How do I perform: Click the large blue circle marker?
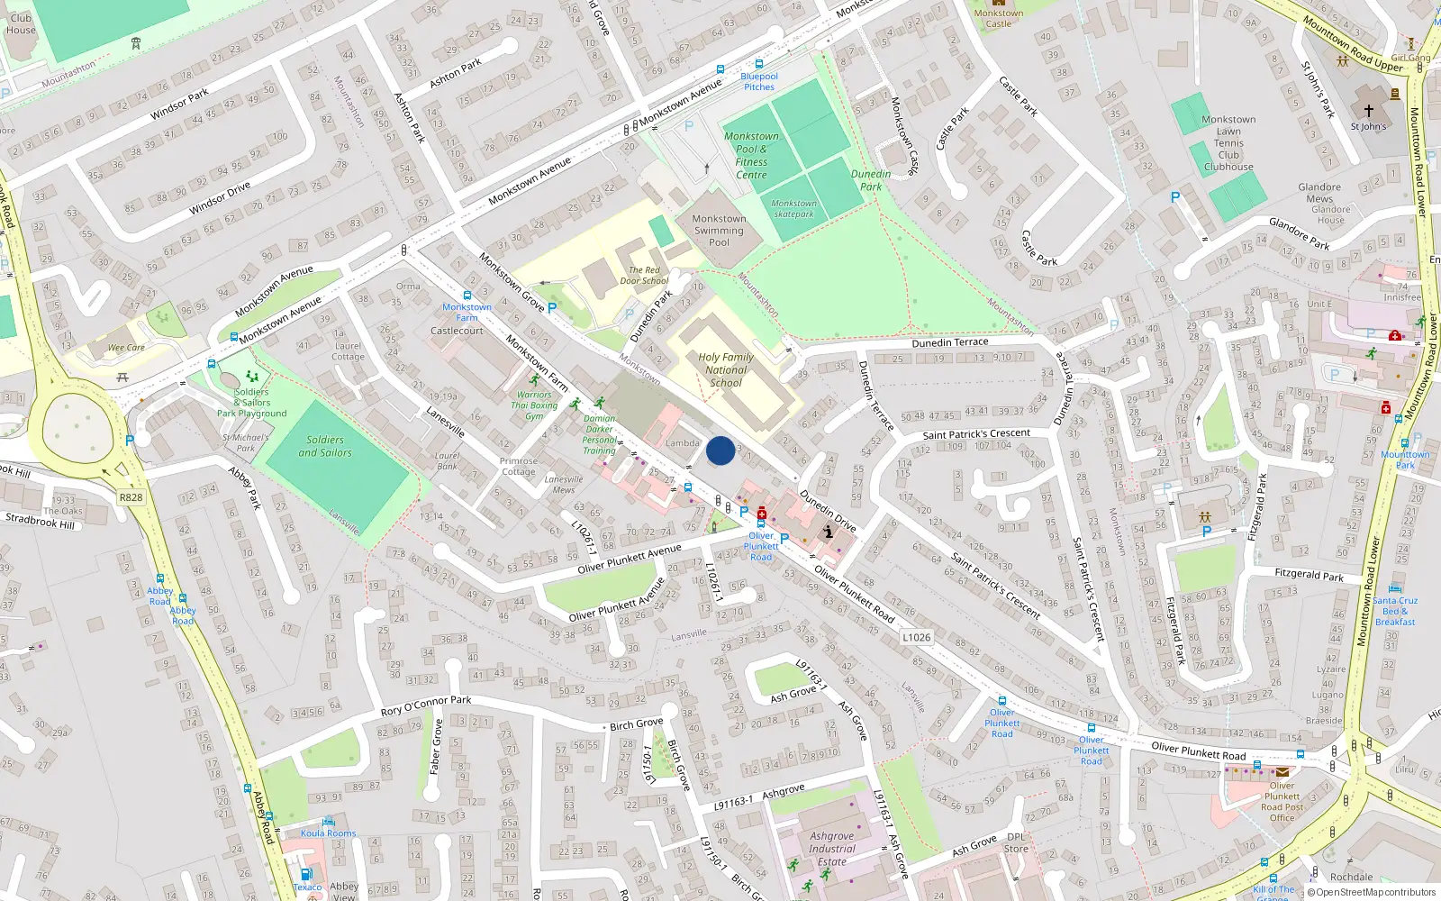click(x=720, y=450)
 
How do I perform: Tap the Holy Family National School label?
click(x=726, y=369)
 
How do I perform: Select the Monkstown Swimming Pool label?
click(x=719, y=231)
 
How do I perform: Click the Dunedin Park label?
click(x=871, y=180)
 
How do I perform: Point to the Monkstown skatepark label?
click(x=793, y=209)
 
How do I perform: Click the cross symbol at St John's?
click(x=1368, y=111)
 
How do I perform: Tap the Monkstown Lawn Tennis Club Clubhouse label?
click(x=1228, y=143)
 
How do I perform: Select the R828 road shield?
click(x=131, y=497)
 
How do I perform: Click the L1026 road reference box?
click(x=916, y=637)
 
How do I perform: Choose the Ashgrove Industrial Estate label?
click(x=832, y=849)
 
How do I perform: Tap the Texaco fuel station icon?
click(x=306, y=874)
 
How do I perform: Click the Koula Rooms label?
click(x=328, y=833)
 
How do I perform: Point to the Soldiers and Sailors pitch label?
click(x=325, y=446)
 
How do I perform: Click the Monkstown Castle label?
click(x=998, y=18)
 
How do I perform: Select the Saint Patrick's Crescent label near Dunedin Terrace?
click(x=976, y=434)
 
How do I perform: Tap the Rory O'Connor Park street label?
click(x=425, y=705)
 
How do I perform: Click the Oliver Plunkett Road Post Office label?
click(x=1282, y=802)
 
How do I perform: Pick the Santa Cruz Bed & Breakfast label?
click(x=1395, y=611)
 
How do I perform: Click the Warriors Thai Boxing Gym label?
click(x=534, y=405)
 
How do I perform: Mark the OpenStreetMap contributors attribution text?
click(x=1371, y=893)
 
